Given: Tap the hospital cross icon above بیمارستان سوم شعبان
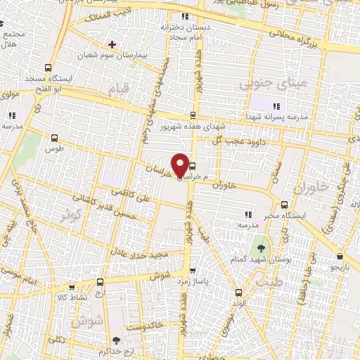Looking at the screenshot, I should (111, 44).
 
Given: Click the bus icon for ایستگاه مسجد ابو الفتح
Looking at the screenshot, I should (48, 69).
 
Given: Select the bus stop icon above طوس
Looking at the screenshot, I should (49, 138).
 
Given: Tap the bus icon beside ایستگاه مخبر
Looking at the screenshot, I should (284, 205).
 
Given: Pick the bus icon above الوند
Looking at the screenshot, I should (238, 292).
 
